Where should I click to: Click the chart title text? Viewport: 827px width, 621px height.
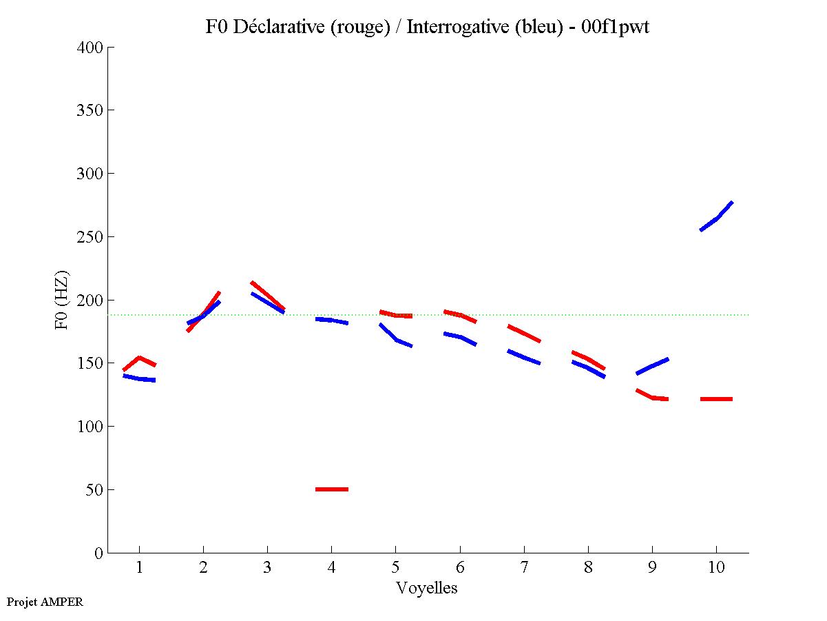tap(427, 27)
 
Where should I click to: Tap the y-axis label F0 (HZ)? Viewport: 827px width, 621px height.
tap(61, 299)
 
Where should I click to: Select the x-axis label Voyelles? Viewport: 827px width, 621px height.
tap(427, 588)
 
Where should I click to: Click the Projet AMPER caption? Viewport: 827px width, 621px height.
tap(45, 602)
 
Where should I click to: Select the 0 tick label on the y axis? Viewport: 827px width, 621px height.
tap(100, 553)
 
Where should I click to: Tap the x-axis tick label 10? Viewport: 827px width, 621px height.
tap(716, 569)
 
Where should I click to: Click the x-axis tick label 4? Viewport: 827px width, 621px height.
tap(331, 569)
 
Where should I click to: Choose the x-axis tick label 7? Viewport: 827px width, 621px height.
tap(524, 569)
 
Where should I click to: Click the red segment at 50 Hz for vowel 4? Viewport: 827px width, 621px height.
tap(332, 489)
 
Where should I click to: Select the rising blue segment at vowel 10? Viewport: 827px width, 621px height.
tap(717, 217)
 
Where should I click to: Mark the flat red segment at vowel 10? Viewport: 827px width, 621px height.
tap(716, 399)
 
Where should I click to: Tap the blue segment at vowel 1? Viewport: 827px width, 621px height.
tap(140, 378)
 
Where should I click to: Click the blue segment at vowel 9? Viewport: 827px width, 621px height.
tap(652, 366)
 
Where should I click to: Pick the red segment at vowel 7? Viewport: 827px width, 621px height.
tap(524, 333)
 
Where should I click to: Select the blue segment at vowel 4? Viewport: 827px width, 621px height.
tap(332, 320)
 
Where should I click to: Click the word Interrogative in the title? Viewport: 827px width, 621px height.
tap(459, 27)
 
